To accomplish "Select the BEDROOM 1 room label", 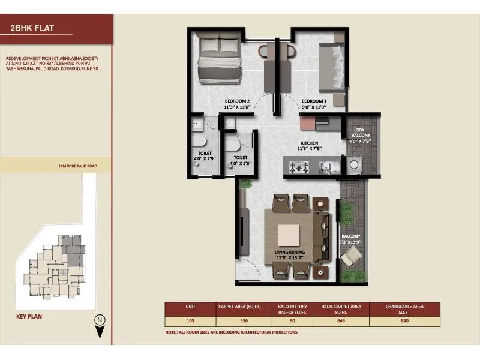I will (x=313, y=104).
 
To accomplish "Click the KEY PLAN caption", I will (x=29, y=316).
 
